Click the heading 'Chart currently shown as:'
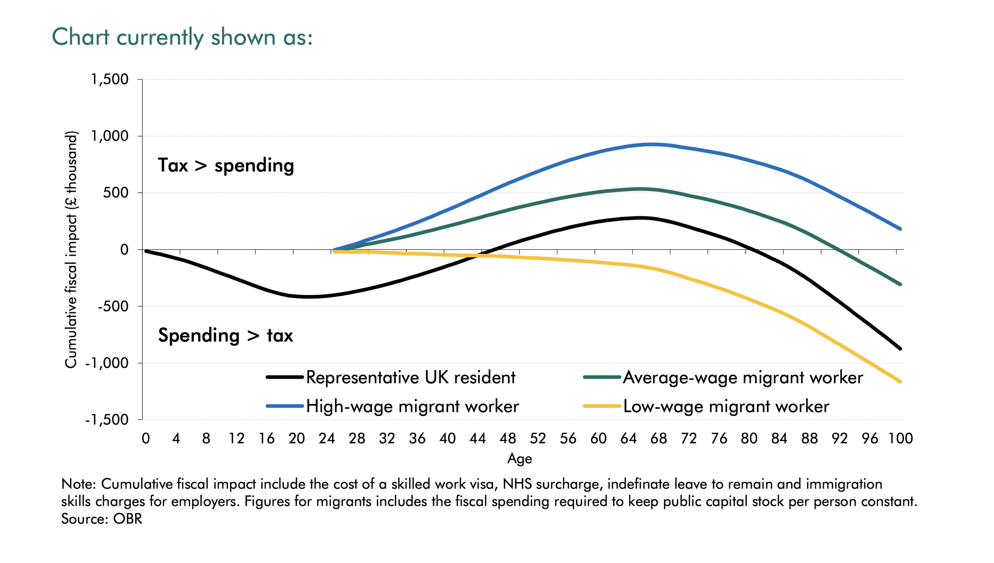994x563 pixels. pyautogui.click(x=182, y=37)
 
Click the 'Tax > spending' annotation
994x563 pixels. pyautogui.click(x=226, y=165)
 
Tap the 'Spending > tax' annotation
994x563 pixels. pyautogui.click(x=225, y=335)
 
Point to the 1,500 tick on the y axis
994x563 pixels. pyautogui.click(x=110, y=80)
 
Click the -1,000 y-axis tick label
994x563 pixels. pyautogui.click(x=107, y=363)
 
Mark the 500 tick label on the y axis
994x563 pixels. pyautogui.click(x=116, y=193)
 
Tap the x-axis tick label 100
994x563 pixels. pyautogui.click(x=901, y=439)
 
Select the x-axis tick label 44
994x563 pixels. pyautogui.click(x=478, y=439)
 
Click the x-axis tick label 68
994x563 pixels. pyautogui.click(x=658, y=439)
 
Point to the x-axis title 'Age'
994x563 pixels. pyautogui.click(x=519, y=459)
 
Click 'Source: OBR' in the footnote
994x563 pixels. pyautogui.click(x=101, y=519)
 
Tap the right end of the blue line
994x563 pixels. pyautogui.click(x=900, y=229)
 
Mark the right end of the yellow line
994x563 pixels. pyautogui.click(x=900, y=382)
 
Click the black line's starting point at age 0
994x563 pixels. pyautogui.click(x=146, y=251)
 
